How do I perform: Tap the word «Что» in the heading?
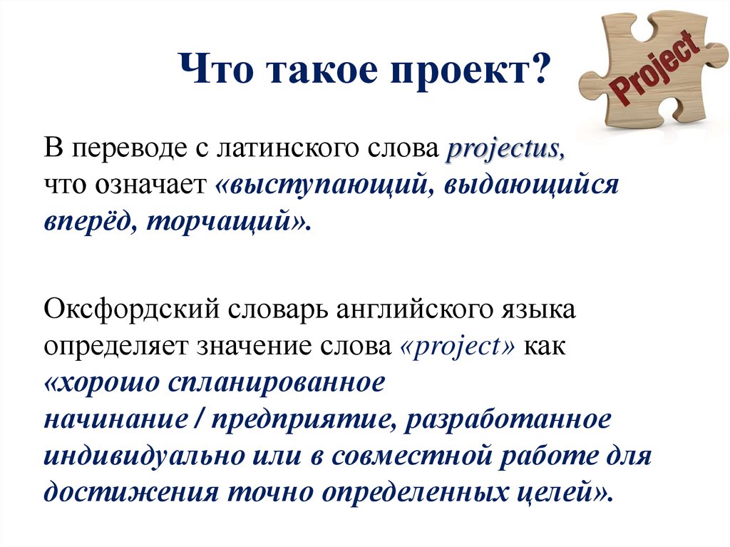coord(216,69)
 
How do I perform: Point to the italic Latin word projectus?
coord(505,150)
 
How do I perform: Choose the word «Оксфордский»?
coord(131,310)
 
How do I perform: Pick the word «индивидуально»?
coord(144,456)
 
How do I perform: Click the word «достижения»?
coord(131,492)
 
